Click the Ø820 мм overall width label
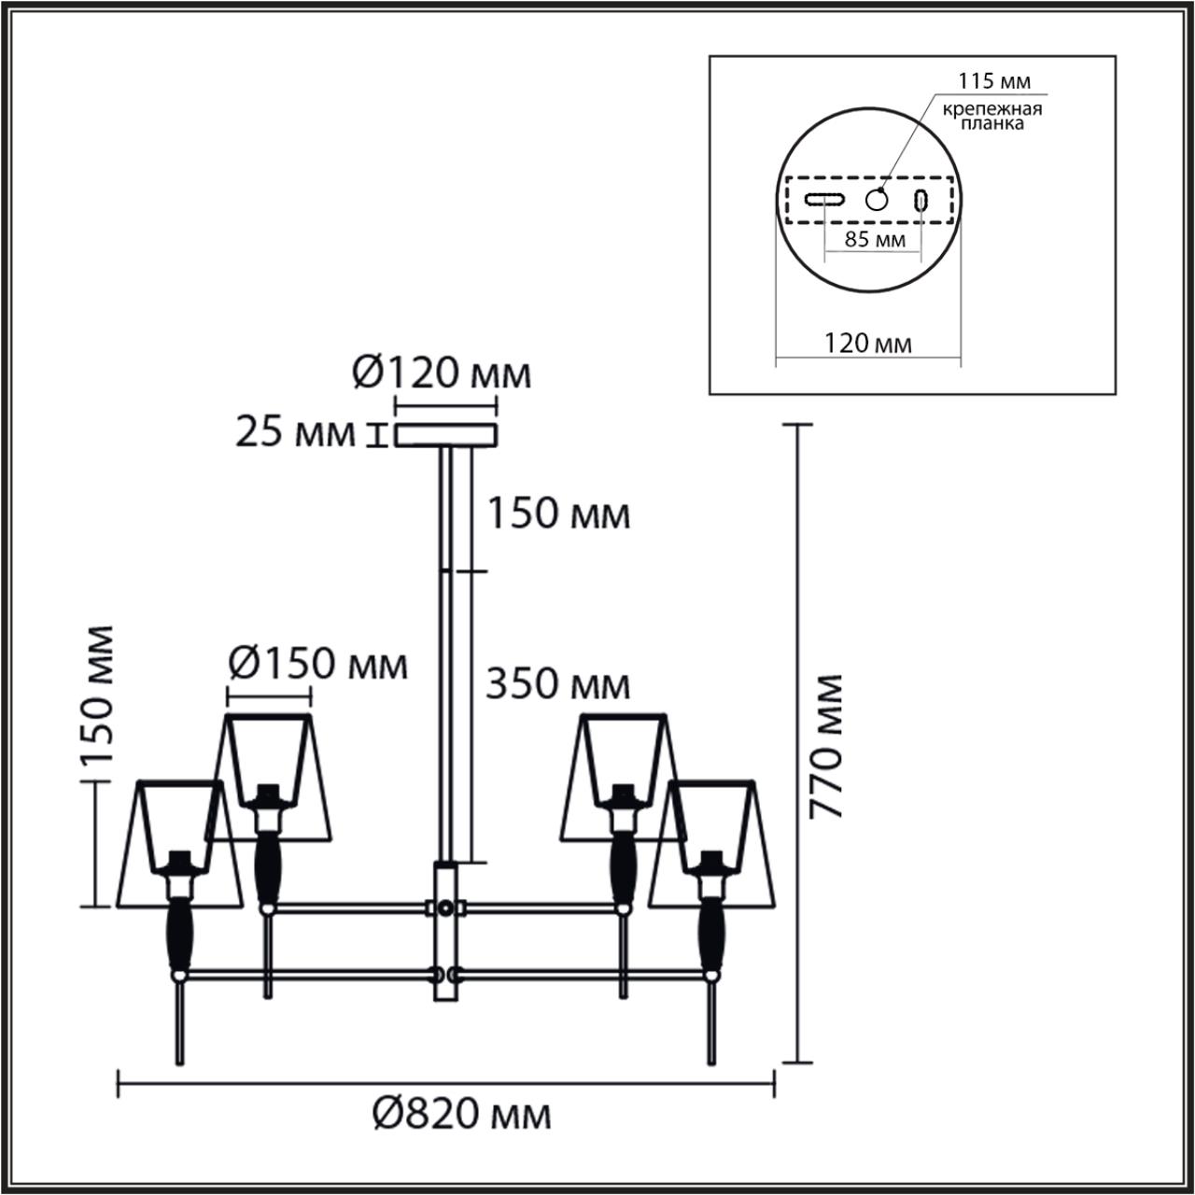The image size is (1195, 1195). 461,1114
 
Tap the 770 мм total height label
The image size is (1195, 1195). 825,746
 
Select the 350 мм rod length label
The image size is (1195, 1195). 557,685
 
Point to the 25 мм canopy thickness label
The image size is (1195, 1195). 295,434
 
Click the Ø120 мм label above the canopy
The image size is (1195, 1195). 442,374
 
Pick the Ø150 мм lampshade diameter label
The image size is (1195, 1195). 318,665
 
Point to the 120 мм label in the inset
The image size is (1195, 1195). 867,343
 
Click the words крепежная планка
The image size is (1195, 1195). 991,116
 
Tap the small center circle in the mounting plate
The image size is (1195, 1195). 877,199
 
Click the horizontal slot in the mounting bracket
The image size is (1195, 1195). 825,199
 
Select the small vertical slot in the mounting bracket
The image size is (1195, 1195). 921,200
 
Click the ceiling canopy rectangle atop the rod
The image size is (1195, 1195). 445,436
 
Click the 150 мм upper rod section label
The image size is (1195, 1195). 557,514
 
